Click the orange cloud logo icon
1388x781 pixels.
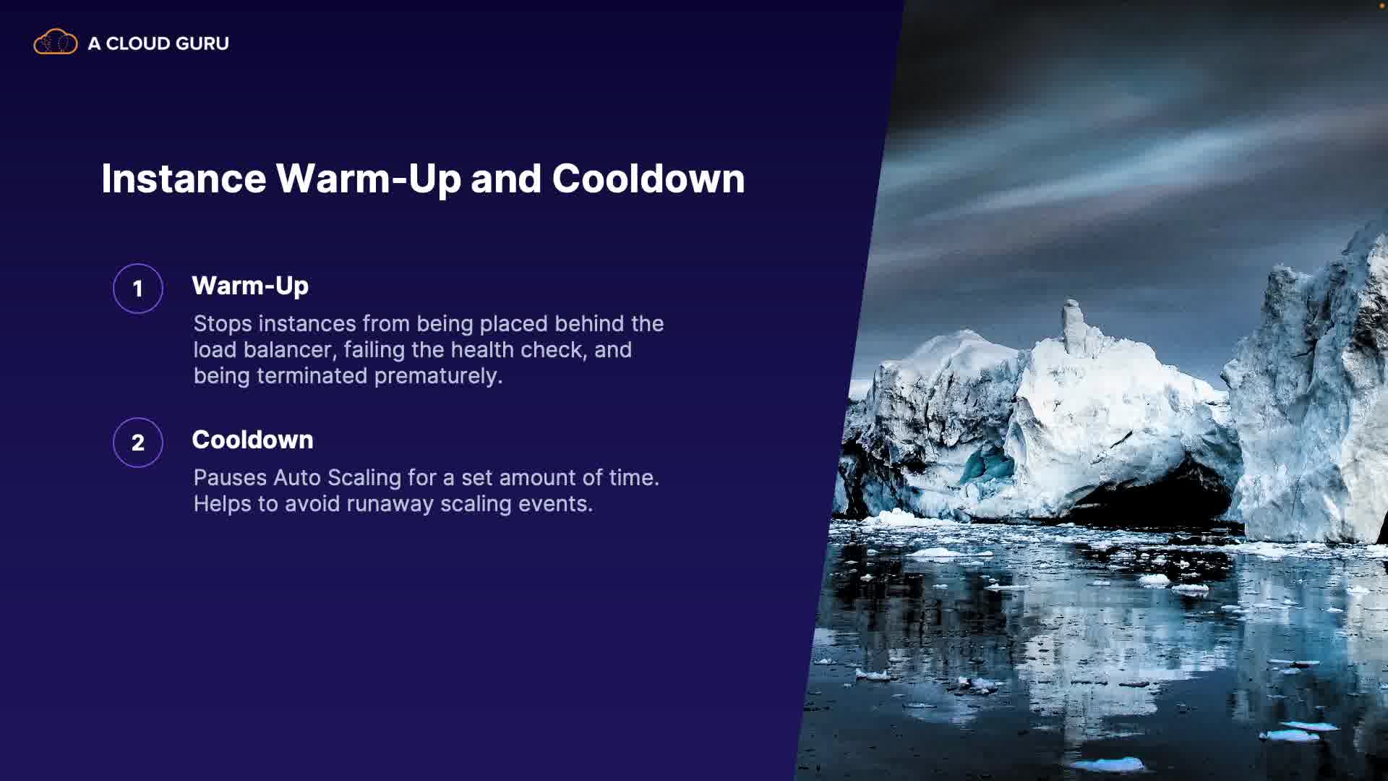[55, 42]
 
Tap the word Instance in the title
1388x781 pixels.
[184, 179]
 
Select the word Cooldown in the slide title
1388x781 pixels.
[648, 179]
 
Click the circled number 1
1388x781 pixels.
[137, 289]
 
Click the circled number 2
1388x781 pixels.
[137, 443]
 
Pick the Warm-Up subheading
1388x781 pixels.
[250, 286]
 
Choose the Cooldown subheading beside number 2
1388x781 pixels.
[252, 440]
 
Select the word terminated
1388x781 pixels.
[312, 376]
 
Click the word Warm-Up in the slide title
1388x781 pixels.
[368, 179]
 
